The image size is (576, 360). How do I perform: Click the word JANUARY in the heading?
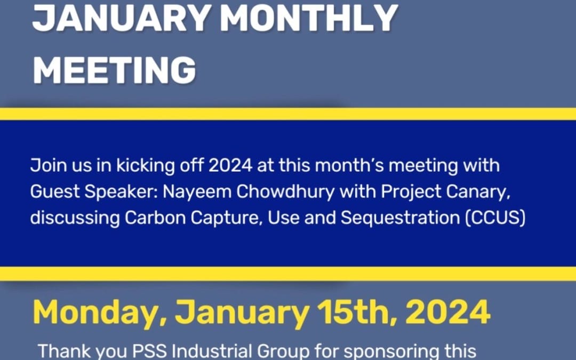(121, 17)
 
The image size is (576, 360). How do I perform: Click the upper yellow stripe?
(288, 114)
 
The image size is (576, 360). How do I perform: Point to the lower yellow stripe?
(288, 274)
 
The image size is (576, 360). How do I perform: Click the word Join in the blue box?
(46, 166)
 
